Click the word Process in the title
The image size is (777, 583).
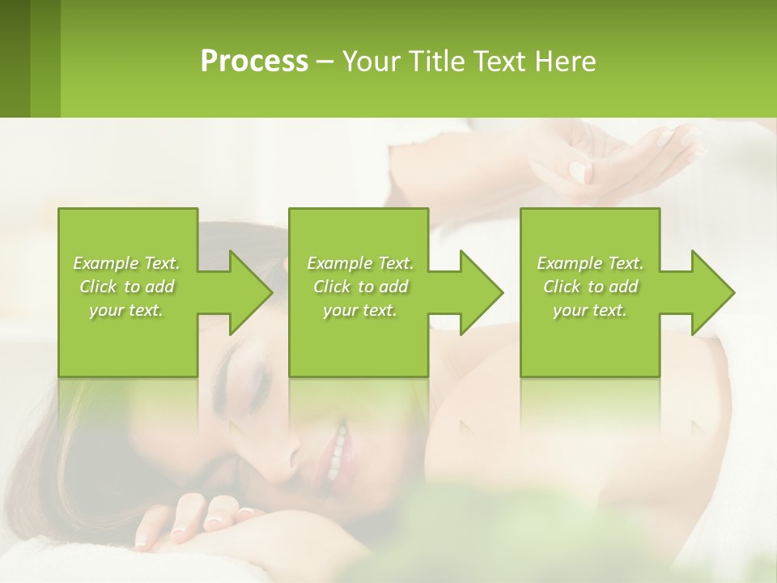click(x=254, y=62)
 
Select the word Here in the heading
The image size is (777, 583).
click(x=566, y=62)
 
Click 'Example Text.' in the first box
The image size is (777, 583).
click(x=126, y=263)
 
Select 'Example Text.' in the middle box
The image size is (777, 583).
click(x=360, y=263)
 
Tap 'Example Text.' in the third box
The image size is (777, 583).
click(x=590, y=263)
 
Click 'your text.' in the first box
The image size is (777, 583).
click(x=126, y=310)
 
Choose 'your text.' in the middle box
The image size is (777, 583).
click(x=360, y=310)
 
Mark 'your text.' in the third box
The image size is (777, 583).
click(x=590, y=310)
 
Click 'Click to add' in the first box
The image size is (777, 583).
click(x=126, y=287)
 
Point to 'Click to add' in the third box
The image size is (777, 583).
click(x=590, y=287)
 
